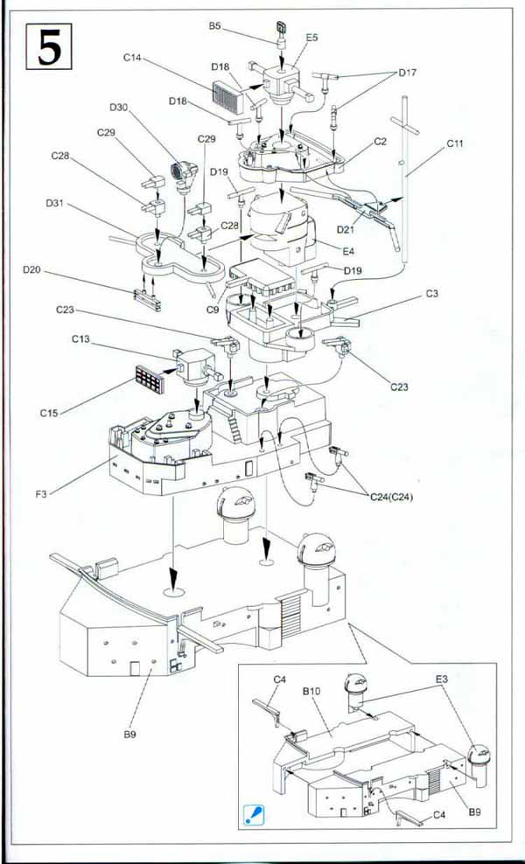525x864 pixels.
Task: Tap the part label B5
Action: pyautogui.click(x=214, y=27)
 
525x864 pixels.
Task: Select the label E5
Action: pyautogui.click(x=312, y=38)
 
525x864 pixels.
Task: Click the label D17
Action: pyautogui.click(x=407, y=73)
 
